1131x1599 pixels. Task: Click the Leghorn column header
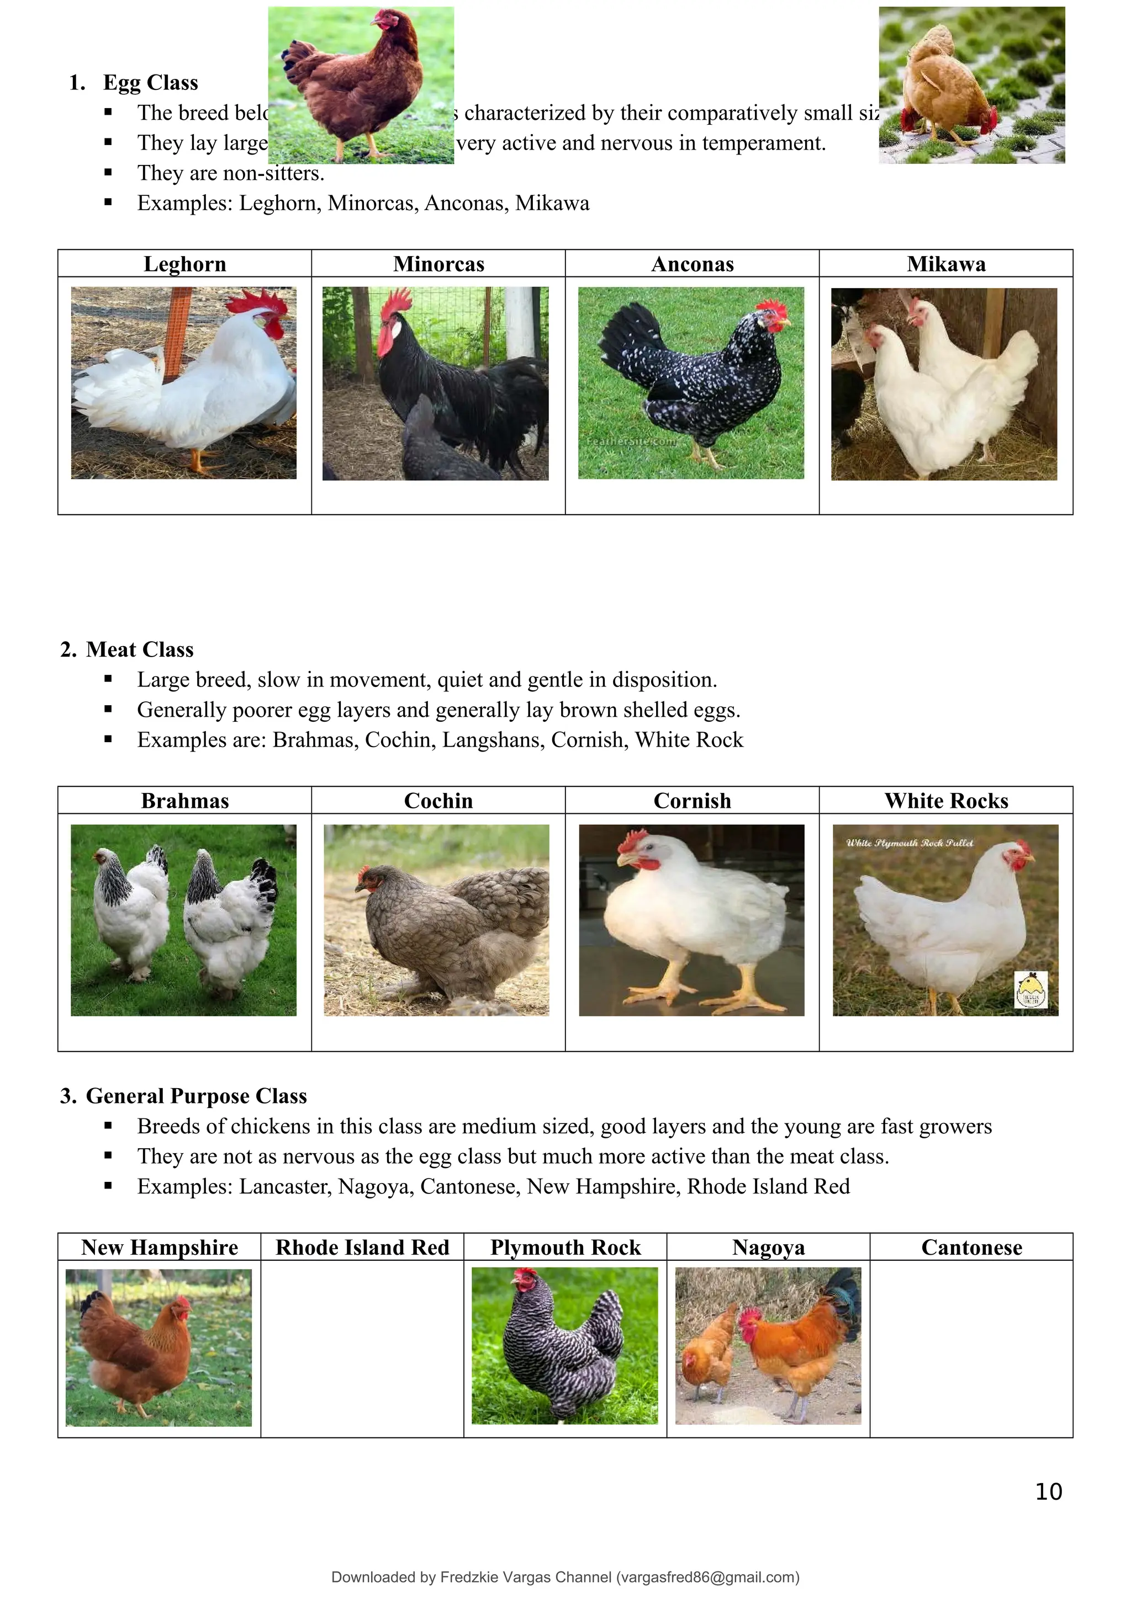click(184, 264)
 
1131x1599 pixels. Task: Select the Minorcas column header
click(438, 264)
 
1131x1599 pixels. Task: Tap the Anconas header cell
click(692, 264)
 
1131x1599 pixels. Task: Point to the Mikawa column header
click(945, 264)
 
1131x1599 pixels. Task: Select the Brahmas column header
click(184, 801)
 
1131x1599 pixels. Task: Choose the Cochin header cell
click(438, 801)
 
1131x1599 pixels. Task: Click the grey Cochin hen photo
click(436, 920)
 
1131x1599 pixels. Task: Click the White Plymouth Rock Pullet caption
click(910, 843)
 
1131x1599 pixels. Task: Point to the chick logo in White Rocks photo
click(1030, 989)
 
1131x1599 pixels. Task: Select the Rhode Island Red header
click(362, 1248)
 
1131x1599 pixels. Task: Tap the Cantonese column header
click(971, 1248)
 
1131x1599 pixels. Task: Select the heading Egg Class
click(151, 82)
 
